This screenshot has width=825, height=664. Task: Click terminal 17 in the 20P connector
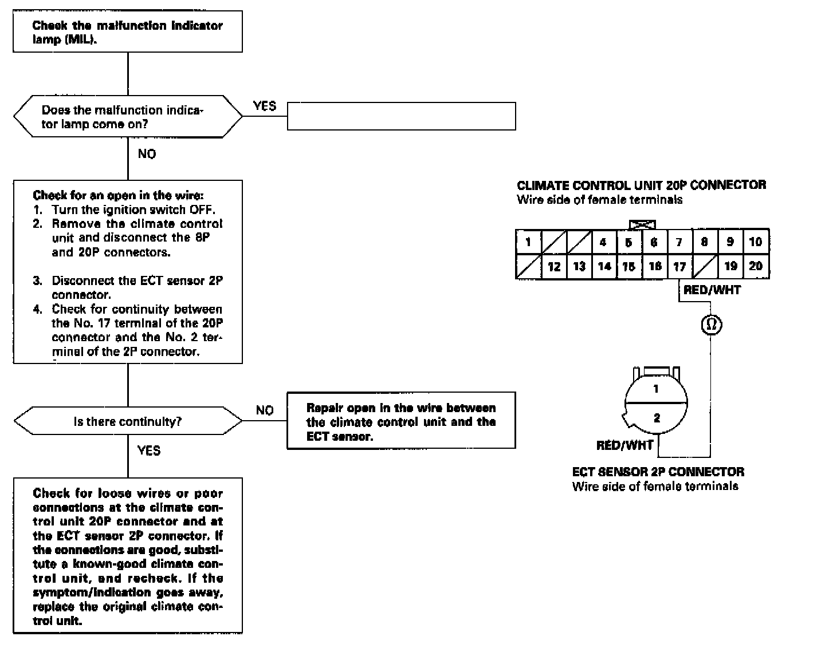click(679, 267)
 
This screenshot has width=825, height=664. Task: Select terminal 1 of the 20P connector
click(528, 242)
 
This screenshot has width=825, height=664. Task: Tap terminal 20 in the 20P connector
click(756, 267)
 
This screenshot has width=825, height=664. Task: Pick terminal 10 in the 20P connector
click(756, 242)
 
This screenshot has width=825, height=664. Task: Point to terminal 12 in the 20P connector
click(554, 267)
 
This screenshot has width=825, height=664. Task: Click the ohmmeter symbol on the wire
click(712, 325)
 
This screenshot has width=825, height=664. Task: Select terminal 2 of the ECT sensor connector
click(657, 418)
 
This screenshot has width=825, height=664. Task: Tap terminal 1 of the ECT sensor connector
click(656, 389)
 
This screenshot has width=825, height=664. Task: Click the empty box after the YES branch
click(401, 116)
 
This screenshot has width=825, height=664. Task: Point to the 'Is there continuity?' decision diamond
click(128, 422)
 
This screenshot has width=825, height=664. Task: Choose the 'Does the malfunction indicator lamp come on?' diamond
click(128, 117)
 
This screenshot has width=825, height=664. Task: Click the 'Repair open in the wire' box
click(401, 422)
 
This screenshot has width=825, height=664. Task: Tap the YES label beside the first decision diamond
click(264, 106)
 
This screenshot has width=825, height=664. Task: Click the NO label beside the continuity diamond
click(265, 410)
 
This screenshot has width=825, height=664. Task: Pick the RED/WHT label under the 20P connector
click(712, 290)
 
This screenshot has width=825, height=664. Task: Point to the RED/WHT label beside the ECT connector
click(624, 445)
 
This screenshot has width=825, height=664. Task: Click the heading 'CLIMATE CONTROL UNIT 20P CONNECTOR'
click(641, 185)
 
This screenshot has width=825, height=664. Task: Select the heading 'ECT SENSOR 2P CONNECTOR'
click(658, 472)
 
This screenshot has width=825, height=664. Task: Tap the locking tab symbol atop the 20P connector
click(642, 224)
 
